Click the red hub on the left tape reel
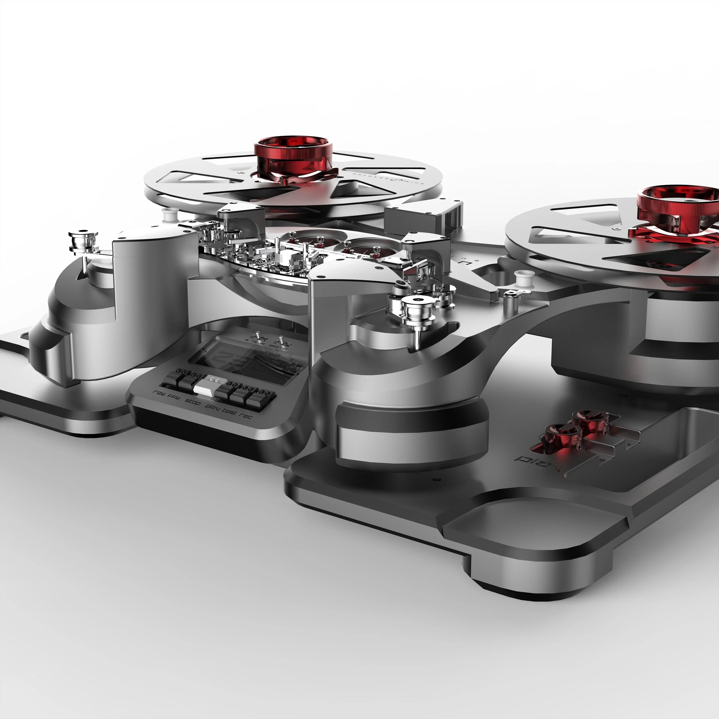[x=293, y=156]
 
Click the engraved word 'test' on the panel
[x=229, y=411]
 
